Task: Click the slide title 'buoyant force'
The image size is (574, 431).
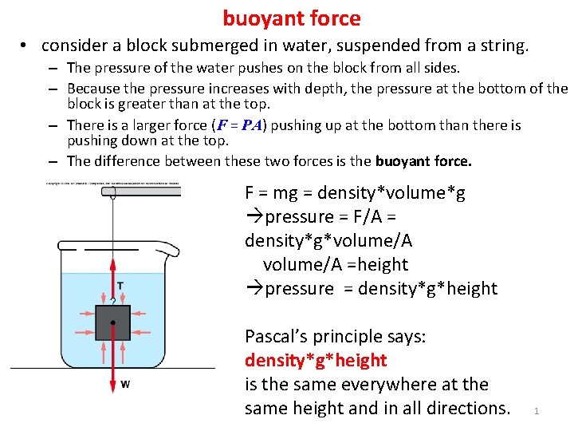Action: pos(291,18)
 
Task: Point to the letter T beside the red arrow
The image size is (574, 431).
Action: pos(120,286)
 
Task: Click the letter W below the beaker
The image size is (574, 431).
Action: pos(125,384)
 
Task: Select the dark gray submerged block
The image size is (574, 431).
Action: pos(112,323)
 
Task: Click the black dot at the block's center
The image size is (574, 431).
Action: pos(112,322)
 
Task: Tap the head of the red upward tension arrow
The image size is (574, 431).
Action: pos(112,261)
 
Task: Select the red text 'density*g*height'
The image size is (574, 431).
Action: pos(316,361)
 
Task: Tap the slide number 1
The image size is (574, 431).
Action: pos(537,411)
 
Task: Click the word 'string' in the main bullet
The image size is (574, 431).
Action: pos(501,46)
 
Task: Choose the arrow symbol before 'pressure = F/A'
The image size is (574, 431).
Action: pos(253,217)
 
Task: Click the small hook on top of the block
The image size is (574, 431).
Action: pos(112,302)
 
